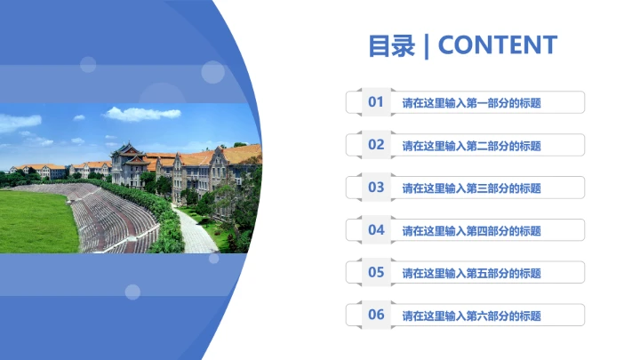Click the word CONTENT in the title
click(x=498, y=45)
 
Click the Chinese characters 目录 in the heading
click(x=391, y=45)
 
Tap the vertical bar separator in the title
click(x=427, y=45)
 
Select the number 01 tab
click(x=376, y=102)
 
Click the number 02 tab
click(x=376, y=145)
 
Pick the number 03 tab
click(x=376, y=188)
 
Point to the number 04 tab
click(x=376, y=230)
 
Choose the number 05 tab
click(x=376, y=272)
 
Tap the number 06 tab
click(x=376, y=315)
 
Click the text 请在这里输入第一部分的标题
click(x=471, y=103)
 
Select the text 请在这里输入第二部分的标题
click(x=471, y=146)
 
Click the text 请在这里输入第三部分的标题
click(x=471, y=188)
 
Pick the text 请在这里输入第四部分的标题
click(x=471, y=231)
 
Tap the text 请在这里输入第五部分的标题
click(x=471, y=273)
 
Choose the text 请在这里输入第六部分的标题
click(x=471, y=316)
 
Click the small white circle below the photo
click(x=132, y=292)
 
